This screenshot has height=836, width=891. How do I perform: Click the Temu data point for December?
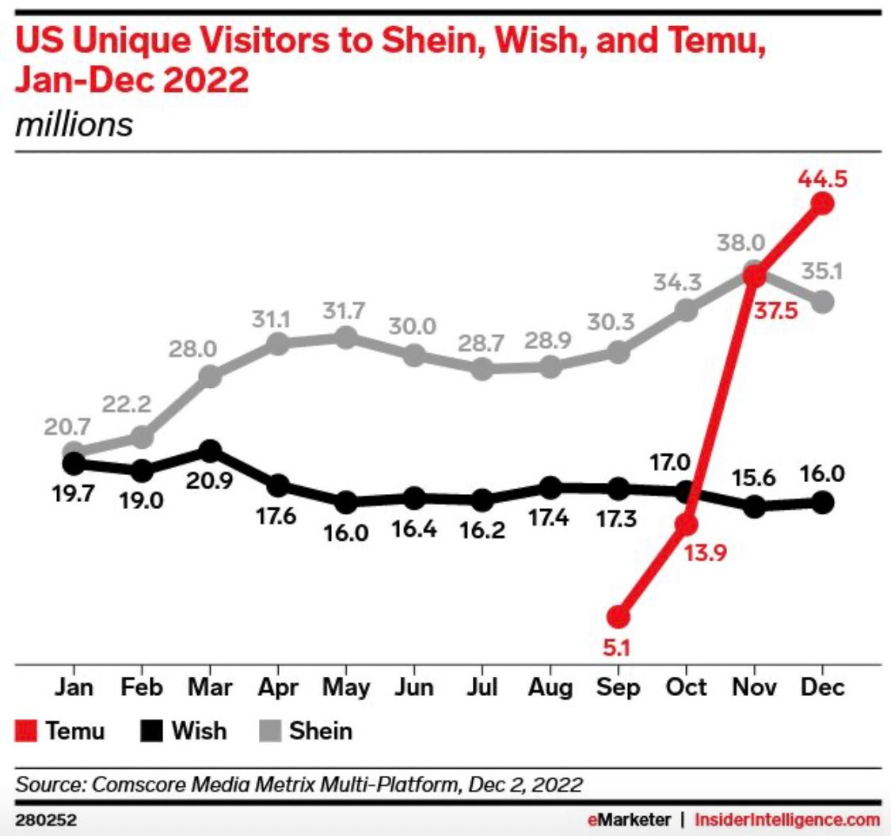[x=824, y=203]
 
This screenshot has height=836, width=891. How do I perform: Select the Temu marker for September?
[x=619, y=615]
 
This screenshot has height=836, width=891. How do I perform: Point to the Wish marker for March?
[x=210, y=451]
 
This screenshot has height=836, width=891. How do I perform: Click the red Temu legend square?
[x=26, y=730]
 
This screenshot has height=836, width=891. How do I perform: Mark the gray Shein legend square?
[x=272, y=730]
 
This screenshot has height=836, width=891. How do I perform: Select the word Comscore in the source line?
[x=132, y=785]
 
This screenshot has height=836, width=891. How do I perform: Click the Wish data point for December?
[x=824, y=502]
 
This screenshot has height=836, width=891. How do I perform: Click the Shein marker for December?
[x=824, y=302]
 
